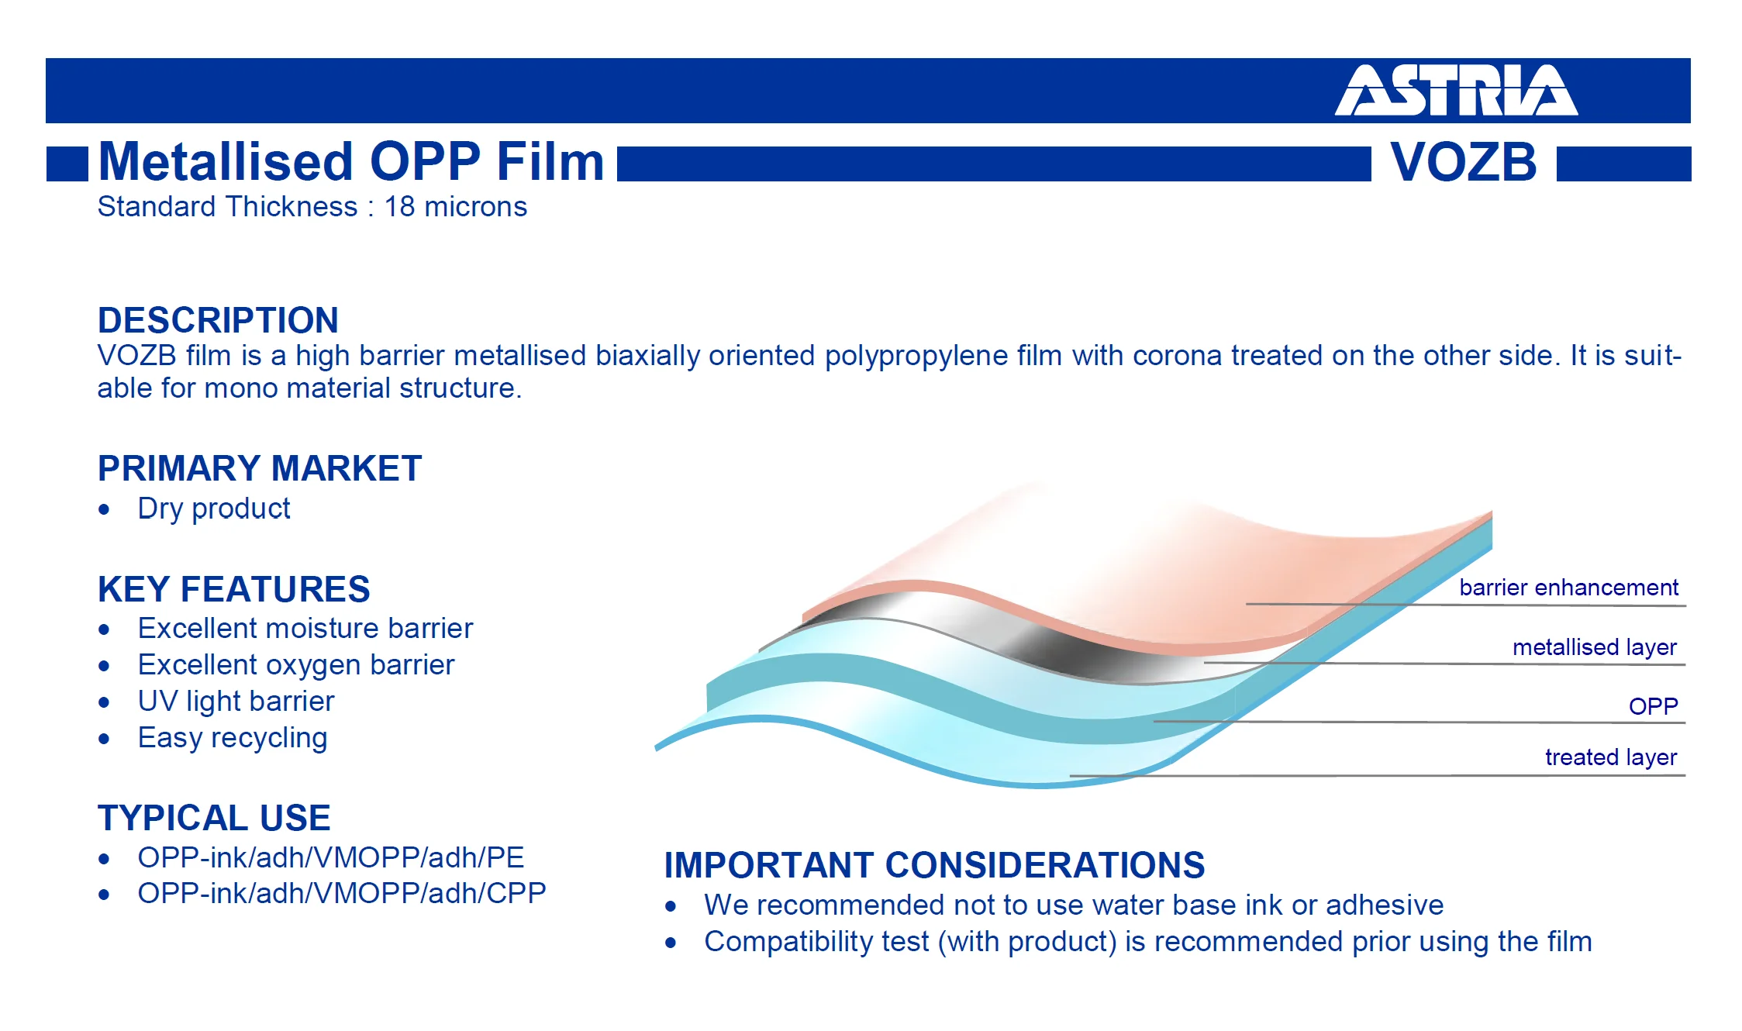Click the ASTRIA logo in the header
pos(1456,90)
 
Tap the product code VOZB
pos(1464,162)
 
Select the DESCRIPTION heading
pos(218,320)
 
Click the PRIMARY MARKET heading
pos(260,468)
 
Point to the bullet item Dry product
pos(214,509)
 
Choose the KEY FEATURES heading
pos(234,589)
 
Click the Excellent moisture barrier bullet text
pos(305,628)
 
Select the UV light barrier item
pos(236,702)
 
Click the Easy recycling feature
pos(233,738)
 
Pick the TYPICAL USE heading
pos(214,818)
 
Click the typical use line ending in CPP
pos(342,894)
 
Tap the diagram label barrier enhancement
pos(1568,588)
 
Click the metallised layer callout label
pos(1595,647)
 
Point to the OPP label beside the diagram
pos(1654,706)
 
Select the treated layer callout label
pos(1611,757)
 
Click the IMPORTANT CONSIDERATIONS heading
pos(934,865)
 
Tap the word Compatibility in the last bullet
pos(816,942)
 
